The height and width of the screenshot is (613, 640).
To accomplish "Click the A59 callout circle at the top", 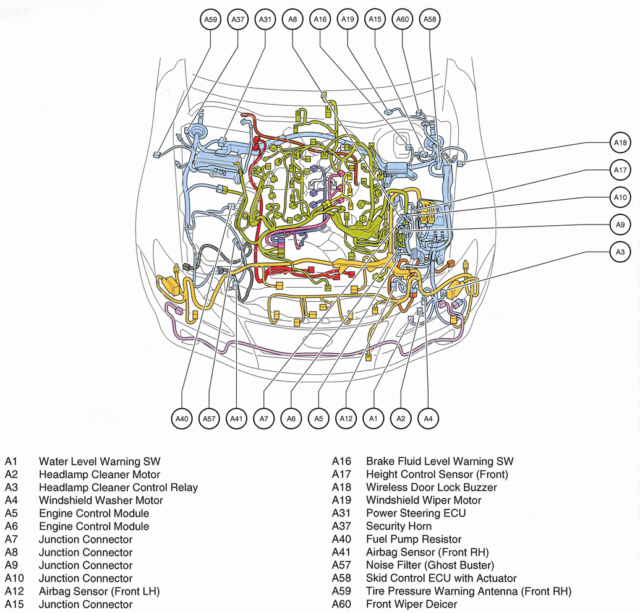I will pos(211,20).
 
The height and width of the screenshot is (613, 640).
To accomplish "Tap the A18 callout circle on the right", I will pos(620,143).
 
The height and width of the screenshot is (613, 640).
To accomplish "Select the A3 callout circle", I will pos(620,252).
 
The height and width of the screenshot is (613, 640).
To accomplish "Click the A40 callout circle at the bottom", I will pos(182,419).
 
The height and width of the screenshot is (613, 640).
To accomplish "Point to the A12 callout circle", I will pos(346,419).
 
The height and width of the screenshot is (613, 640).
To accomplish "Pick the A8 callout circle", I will pos(292,20).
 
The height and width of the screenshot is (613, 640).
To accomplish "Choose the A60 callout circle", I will pos(403,20).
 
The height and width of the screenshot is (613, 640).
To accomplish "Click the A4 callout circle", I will pos(428,419).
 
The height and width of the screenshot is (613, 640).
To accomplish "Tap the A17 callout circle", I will pos(620,170).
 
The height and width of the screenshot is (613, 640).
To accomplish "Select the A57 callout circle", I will pos(209,419).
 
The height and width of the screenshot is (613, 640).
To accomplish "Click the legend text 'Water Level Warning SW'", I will pos(100,461).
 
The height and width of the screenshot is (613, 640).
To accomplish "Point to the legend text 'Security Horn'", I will pos(399,526).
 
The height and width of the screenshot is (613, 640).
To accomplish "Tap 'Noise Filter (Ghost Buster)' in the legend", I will pos(430,565).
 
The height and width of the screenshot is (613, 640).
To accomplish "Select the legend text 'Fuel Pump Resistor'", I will pos(414,539).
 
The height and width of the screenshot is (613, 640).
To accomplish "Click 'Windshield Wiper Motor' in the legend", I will pos(424,500).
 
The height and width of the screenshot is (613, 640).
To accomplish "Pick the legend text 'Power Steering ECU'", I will pos(416,513).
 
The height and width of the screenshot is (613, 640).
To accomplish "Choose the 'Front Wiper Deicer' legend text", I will pos(411,604).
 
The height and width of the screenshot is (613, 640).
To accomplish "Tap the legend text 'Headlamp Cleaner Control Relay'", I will pos(118,487).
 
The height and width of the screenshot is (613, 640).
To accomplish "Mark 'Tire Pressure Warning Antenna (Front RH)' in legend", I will pos(469,591).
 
